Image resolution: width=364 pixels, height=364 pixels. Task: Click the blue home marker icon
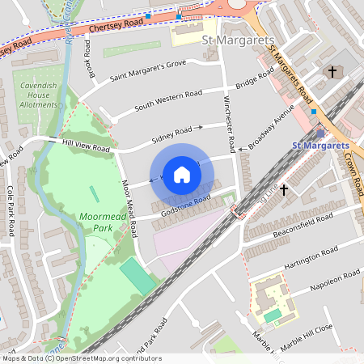pyautogui.click(x=182, y=175)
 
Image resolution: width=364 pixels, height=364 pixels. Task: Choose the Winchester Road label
pyautogui.click(x=228, y=121)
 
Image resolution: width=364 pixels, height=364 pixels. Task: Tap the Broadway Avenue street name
pyautogui.click(x=273, y=126)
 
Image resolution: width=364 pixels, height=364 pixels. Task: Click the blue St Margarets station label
pyautogui.click(x=320, y=145)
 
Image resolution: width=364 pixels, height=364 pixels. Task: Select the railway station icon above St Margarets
pyautogui.click(x=321, y=133)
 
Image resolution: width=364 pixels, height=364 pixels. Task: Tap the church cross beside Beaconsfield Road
pyautogui.click(x=284, y=188)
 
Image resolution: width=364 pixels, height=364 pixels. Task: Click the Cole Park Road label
pyautogui.click(x=11, y=210)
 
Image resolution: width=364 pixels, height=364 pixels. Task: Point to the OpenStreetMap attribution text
pyautogui.click(x=81, y=358)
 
